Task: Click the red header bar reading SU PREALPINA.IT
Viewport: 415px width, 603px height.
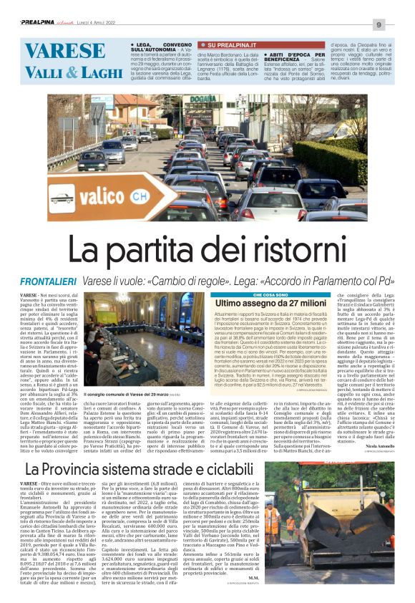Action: coord(228,45)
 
